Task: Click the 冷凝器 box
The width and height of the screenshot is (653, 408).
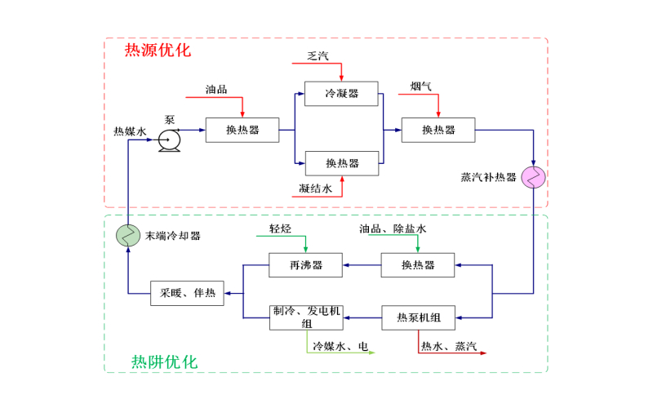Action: (341, 94)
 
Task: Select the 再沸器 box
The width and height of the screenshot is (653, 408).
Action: (306, 265)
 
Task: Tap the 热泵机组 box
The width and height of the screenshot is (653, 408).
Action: (418, 317)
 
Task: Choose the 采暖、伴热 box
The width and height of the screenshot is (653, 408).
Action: (188, 293)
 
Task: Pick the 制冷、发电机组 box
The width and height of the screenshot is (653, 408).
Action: (306, 317)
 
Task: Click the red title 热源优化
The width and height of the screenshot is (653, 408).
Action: (157, 51)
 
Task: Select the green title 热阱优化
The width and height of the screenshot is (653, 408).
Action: (164, 361)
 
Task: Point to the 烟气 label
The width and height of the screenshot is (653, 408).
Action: (421, 85)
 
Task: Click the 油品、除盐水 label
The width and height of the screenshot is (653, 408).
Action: (393, 229)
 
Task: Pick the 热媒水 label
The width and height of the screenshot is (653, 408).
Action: (130, 131)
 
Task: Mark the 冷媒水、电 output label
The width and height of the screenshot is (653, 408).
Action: (341, 347)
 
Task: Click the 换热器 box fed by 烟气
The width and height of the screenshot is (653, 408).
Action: (438, 130)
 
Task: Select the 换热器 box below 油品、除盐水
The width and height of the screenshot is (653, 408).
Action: (418, 265)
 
